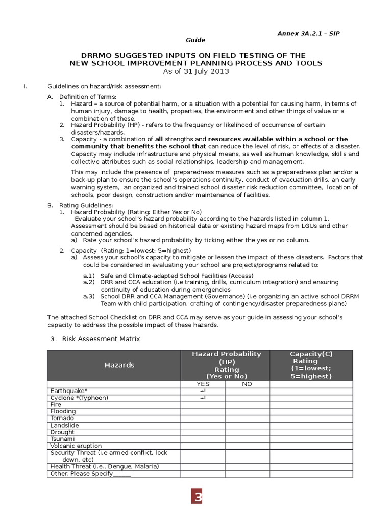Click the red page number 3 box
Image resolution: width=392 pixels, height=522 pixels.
tap(197, 498)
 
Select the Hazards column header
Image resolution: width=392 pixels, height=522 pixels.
tap(119, 365)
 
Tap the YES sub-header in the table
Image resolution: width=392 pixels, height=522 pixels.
tap(203, 384)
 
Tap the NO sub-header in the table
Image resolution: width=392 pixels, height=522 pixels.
tap(247, 384)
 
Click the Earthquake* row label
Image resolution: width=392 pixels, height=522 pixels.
tap(69, 391)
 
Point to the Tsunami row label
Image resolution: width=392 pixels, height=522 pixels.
tap(62, 439)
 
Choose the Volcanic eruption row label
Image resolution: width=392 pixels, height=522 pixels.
tap(76, 446)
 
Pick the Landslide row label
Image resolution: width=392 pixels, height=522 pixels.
tap(64, 425)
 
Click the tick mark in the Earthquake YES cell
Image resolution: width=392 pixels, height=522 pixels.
tap(203, 391)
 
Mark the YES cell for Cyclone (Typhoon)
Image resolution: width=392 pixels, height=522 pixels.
tap(203, 398)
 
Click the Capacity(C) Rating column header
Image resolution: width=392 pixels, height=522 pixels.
tap(311, 365)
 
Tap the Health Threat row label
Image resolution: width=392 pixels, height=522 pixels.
tap(105, 466)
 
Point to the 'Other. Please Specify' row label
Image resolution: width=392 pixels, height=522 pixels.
tap(90, 474)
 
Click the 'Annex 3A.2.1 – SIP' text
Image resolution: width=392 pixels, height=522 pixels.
tap(308, 33)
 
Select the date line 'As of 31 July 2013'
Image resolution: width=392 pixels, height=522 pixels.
tap(195, 71)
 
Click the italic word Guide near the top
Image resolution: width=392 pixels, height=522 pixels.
tap(195, 40)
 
